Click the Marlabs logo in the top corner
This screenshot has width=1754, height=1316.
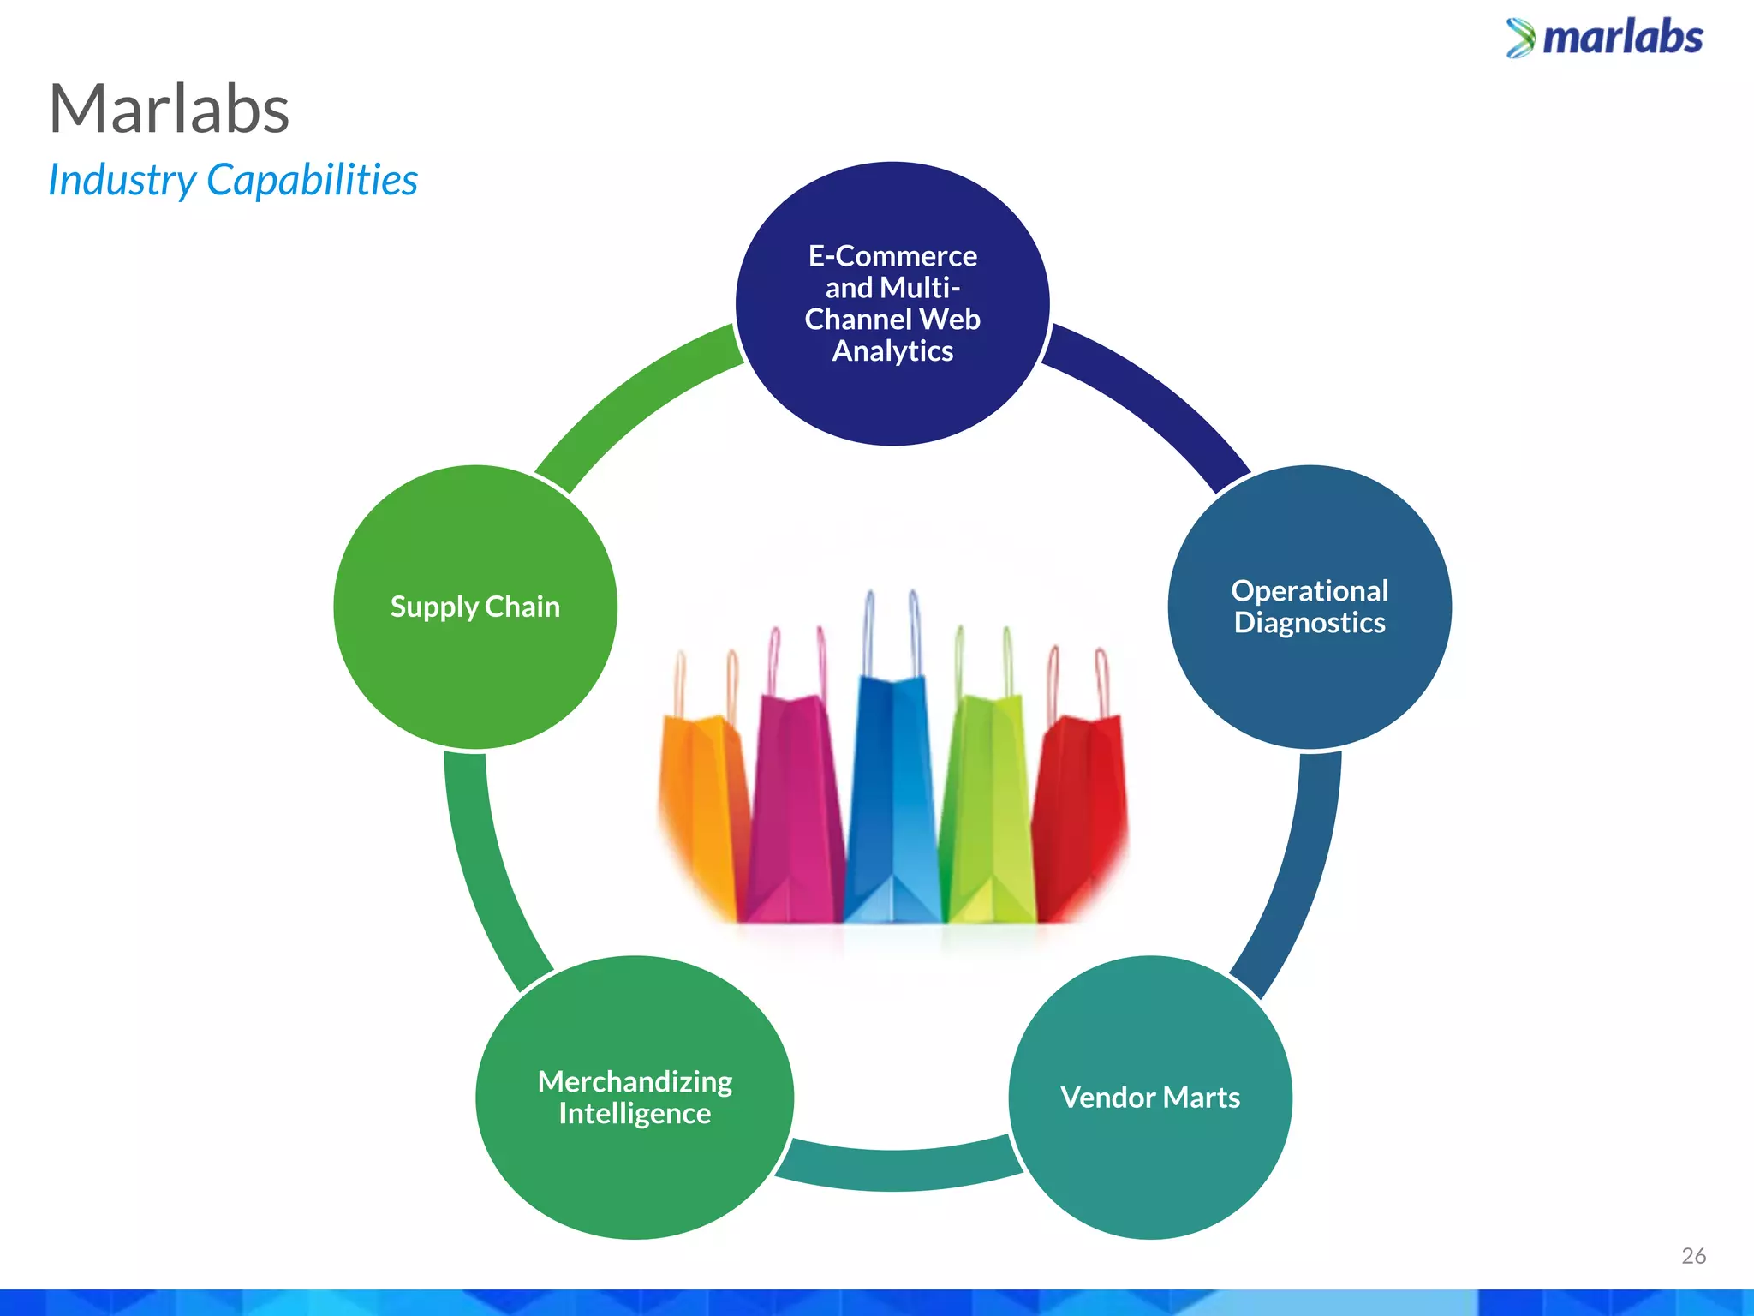1605,39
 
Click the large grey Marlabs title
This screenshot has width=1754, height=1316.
170,110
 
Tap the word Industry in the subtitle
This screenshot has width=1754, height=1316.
122,181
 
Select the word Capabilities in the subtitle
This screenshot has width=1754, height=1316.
313,181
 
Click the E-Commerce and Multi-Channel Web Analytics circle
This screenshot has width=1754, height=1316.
892,303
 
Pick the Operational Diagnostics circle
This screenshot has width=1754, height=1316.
1309,607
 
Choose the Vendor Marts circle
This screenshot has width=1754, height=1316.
1150,1098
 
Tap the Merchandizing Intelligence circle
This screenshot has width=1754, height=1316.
635,1098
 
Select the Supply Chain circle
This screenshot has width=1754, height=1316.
475,607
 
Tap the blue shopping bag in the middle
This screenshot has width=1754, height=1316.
892,797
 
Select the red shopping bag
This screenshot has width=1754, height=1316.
1081,814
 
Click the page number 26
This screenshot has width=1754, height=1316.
1693,1256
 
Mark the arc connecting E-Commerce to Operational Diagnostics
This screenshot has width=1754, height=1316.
1152,394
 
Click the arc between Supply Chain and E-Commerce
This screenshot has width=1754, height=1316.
634,394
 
